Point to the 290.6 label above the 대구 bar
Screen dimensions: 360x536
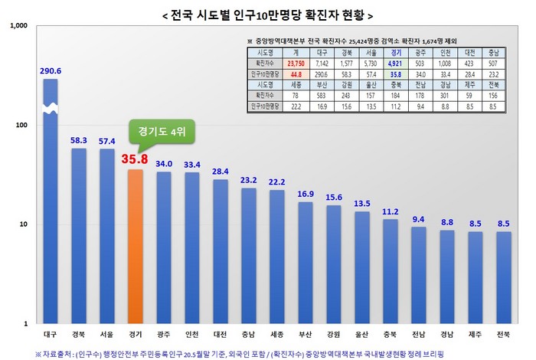[51, 71]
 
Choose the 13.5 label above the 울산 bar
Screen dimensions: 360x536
[361, 205]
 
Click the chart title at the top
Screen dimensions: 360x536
[268, 15]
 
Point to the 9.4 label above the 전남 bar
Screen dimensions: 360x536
[418, 220]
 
